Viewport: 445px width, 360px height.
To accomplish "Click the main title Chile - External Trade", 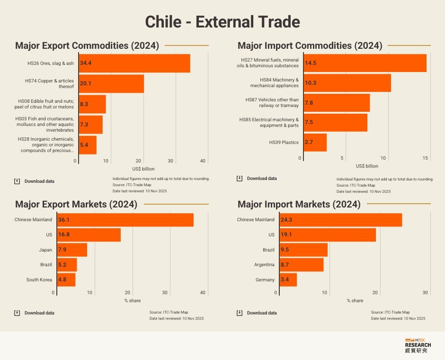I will point(222,22).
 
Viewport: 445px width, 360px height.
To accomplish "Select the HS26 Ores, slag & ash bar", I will point(134,63).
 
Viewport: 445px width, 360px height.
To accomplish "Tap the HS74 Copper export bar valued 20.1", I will point(111,83).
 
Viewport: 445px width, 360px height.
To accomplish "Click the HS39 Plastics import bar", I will point(315,142).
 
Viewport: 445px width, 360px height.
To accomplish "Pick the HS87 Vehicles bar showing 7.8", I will point(337,103).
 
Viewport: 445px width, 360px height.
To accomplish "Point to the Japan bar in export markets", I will point(72,250).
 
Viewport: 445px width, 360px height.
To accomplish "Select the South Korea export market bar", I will point(66,279).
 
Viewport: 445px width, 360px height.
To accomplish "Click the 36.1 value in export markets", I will point(64,220).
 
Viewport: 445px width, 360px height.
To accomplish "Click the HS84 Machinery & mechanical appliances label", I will point(275,83).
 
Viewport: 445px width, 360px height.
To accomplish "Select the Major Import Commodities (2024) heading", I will point(310,46).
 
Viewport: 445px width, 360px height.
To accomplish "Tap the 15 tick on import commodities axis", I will point(426,158).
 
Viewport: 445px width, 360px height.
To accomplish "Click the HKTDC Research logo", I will point(418,346).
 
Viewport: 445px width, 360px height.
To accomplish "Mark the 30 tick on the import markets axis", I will point(425,293).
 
